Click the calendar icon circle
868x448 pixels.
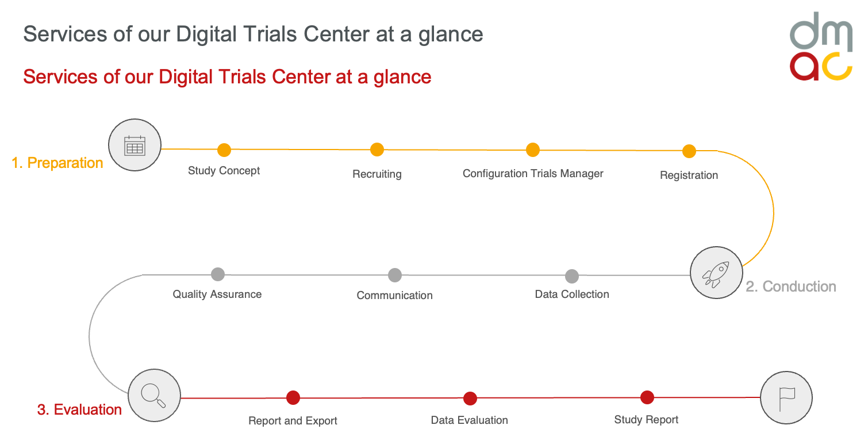click(135, 145)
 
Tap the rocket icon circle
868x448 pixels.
click(716, 273)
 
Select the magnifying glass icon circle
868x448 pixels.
click(154, 395)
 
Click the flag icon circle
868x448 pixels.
click(786, 397)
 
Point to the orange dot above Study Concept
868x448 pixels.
click(224, 150)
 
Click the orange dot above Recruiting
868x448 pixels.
click(377, 150)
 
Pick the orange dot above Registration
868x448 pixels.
click(689, 151)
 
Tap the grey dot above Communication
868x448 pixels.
click(395, 275)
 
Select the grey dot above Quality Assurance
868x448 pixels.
click(218, 274)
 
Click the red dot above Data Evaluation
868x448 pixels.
click(470, 399)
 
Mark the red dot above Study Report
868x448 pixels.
click(647, 397)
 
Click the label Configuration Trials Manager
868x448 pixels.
click(533, 174)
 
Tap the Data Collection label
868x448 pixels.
click(572, 294)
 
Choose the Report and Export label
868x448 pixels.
click(293, 421)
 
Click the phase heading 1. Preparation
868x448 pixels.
click(57, 163)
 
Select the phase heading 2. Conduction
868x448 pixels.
click(791, 286)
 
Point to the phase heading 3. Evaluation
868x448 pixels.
click(79, 409)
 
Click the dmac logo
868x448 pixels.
click(821, 46)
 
